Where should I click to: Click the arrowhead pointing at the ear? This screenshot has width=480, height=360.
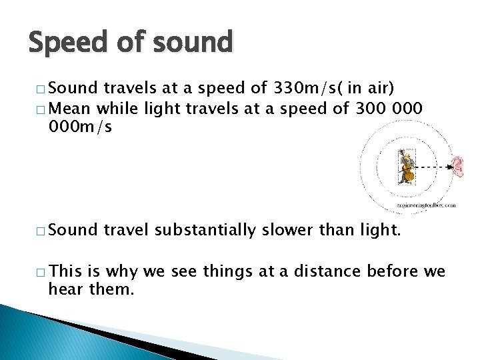tap(446, 165)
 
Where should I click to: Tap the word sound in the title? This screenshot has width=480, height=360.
tap(193, 43)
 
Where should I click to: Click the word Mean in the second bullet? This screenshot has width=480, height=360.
tap(71, 108)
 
